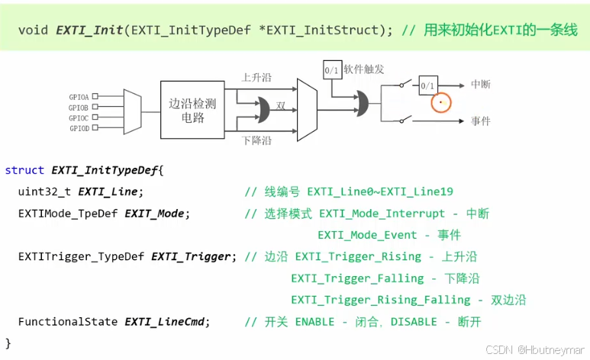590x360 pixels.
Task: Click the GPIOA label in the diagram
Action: [79, 97]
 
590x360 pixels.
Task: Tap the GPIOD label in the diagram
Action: [79, 128]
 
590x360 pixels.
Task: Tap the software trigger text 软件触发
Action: [364, 69]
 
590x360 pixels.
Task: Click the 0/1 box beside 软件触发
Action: [332, 69]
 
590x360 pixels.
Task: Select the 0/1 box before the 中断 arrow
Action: [427, 85]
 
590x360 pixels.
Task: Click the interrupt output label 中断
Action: [481, 85]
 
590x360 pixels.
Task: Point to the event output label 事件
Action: [481, 121]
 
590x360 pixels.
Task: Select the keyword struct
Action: [24, 169]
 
